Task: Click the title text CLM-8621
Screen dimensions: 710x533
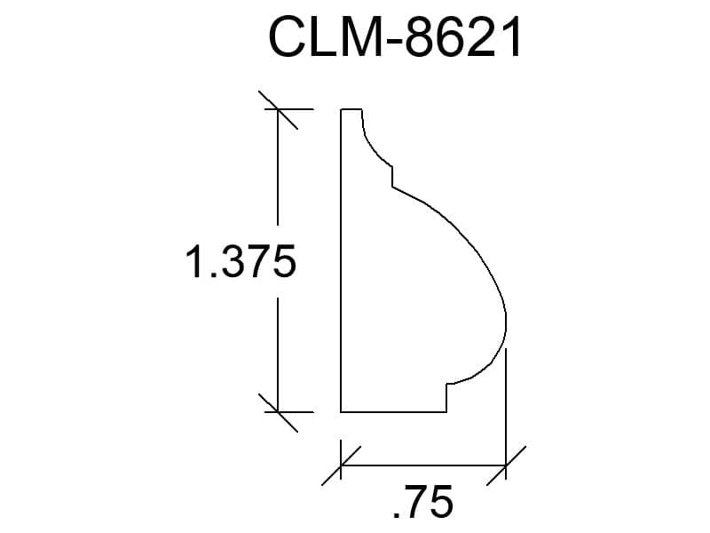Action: [x=395, y=37]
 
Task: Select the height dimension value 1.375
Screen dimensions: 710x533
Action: [x=241, y=261]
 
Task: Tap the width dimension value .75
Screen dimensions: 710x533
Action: [x=423, y=501]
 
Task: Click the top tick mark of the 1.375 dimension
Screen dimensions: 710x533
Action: [x=278, y=109]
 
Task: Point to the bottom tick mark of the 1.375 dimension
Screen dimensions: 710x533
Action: [x=278, y=412]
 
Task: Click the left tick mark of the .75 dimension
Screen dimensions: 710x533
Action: [x=341, y=465]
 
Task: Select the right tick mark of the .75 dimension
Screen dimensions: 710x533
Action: [x=506, y=465]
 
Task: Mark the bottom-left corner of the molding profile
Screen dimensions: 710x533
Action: [x=341, y=412]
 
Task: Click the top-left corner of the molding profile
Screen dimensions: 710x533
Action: [x=341, y=109]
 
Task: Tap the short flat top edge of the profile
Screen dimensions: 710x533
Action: [x=351, y=109]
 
